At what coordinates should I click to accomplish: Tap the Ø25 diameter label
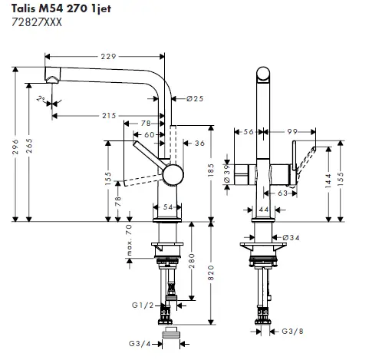coord(193,98)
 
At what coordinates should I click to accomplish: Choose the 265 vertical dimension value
coord(29,150)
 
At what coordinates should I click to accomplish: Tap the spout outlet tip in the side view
coord(53,79)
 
